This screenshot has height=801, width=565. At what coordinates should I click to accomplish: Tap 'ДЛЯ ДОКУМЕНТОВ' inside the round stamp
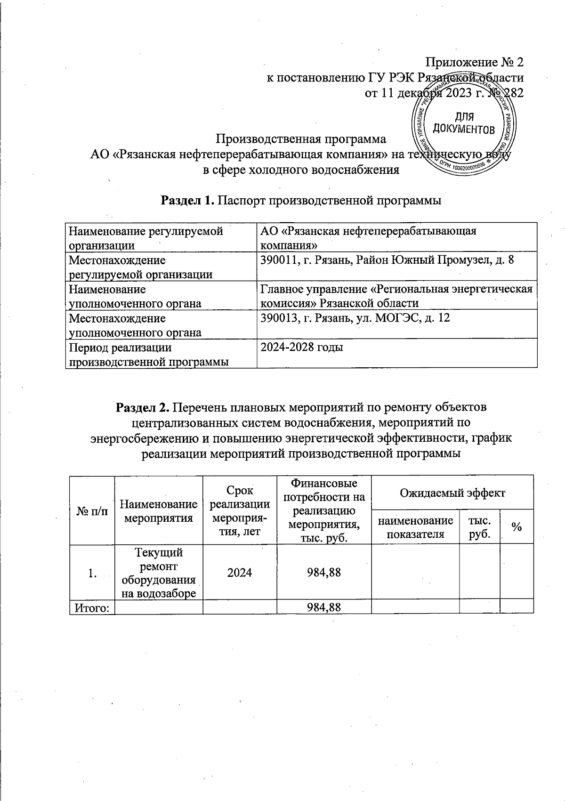click(x=464, y=122)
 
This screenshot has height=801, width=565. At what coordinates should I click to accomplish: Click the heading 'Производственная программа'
click(x=301, y=139)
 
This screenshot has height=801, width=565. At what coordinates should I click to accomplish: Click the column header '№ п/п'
click(x=92, y=511)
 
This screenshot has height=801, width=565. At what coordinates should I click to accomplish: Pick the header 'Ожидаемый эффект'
click(x=452, y=493)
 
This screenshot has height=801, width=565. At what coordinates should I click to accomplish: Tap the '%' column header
click(x=517, y=527)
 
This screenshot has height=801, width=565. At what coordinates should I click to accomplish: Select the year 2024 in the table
click(x=239, y=573)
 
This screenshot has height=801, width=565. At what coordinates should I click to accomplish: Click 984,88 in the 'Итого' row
click(x=323, y=607)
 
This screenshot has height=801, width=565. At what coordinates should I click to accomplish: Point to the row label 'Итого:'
click(x=92, y=607)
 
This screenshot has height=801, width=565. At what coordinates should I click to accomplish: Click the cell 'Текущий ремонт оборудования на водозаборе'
click(x=159, y=573)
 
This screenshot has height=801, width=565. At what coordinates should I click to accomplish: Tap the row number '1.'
click(x=92, y=573)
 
